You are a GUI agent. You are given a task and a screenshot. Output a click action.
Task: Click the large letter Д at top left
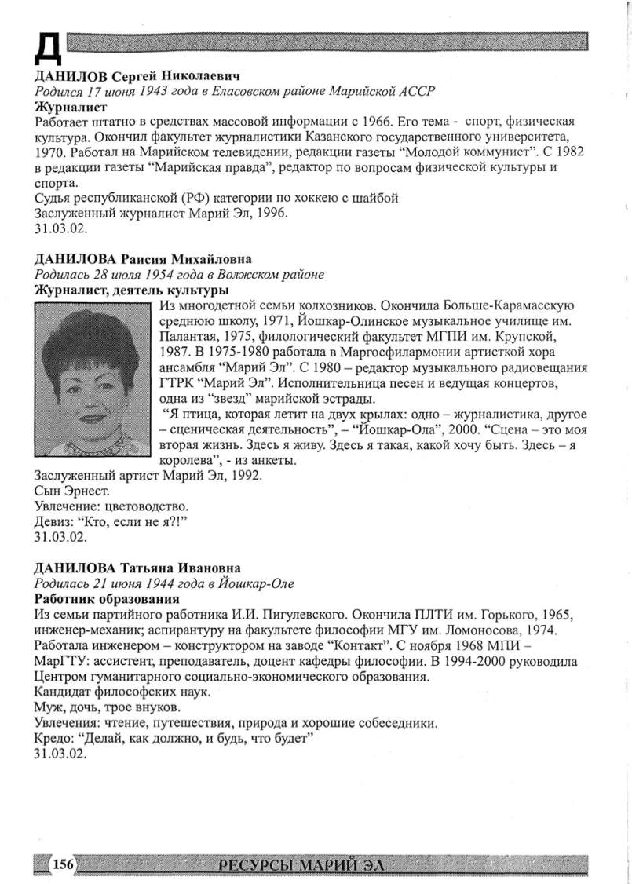(48, 49)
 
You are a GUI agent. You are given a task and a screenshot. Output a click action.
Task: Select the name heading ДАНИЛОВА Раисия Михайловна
(145, 259)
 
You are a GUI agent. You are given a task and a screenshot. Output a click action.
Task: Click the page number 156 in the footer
(64, 864)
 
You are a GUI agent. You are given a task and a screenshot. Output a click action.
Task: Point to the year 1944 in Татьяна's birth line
(153, 583)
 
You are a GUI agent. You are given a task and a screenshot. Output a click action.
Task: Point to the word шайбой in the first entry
(372, 198)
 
